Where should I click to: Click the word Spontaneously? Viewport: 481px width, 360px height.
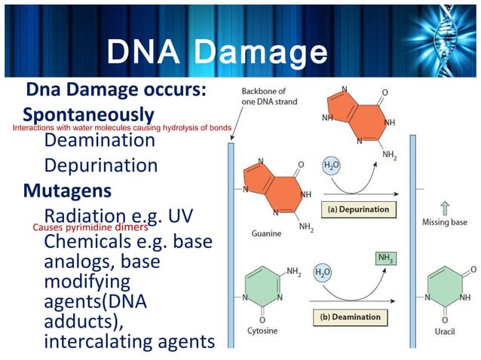tap(88, 114)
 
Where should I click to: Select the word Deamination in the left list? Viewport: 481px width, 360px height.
tap(100, 140)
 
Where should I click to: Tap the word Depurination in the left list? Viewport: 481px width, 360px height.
tap(101, 165)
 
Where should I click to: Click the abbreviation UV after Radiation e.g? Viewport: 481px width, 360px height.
tap(180, 215)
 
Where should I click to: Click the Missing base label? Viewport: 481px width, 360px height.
tap(445, 223)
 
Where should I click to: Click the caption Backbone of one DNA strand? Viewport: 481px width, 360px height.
tap(269, 96)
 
